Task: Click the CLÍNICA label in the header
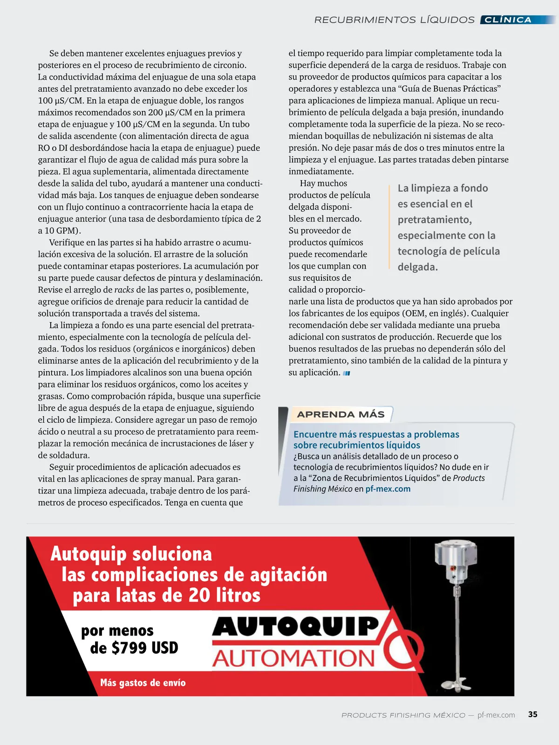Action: [508, 20]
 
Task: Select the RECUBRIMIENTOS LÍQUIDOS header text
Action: [394, 20]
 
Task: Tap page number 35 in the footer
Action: [532, 714]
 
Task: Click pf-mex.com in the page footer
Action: [496, 715]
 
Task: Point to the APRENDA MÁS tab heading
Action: [341, 414]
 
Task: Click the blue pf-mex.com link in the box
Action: [388, 489]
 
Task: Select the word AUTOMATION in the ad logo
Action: [294, 658]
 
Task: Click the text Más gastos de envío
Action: [143, 683]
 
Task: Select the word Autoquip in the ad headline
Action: [89, 554]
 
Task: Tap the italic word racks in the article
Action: [124, 290]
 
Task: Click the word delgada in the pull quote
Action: [417, 267]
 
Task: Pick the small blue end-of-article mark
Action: [346, 373]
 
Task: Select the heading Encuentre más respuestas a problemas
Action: [376, 434]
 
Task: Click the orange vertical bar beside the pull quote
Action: [389, 227]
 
